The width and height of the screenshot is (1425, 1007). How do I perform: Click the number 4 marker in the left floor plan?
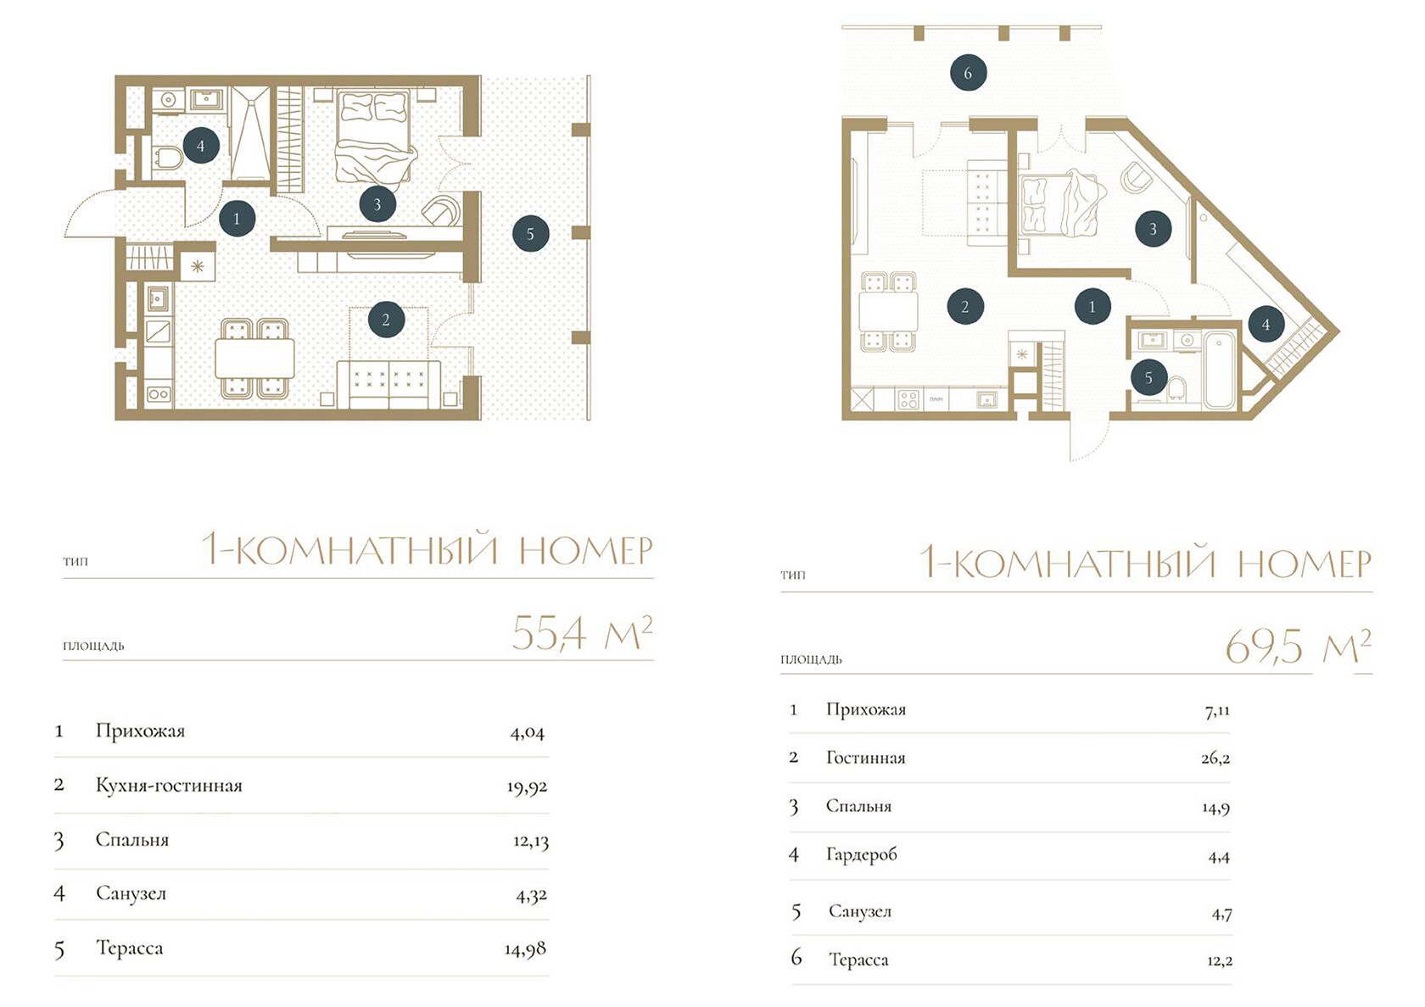pyautogui.click(x=201, y=145)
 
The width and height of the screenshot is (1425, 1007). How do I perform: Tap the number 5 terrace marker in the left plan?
pyautogui.click(x=531, y=233)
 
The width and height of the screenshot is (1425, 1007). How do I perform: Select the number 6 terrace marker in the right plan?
pyautogui.click(x=969, y=73)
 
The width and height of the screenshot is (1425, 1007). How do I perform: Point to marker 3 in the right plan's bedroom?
pyautogui.click(x=1153, y=229)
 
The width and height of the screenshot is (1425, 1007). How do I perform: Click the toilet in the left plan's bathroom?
pyautogui.click(x=167, y=157)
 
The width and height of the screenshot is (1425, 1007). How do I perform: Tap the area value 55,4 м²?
pyautogui.click(x=582, y=633)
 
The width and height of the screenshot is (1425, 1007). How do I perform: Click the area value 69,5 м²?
pyautogui.click(x=1298, y=647)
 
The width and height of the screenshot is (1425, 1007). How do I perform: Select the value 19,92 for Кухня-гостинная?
pyautogui.click(x=527, y=787)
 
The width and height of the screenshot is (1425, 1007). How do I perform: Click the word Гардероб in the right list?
pyautogui.click(x=862, y=854)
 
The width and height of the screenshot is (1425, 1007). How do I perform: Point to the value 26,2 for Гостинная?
pyautogui.click(x=1215, y=759)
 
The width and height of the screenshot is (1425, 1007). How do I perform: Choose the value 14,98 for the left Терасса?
pyautogui.click(x=526, y=949)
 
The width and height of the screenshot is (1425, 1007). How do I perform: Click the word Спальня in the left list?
pyautogui.click(x=132, y=841)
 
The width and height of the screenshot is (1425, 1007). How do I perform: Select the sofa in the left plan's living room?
pyautogui.click(x=388, y=384)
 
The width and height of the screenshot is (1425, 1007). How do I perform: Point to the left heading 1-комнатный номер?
pyautogui.click(x=427, y=549)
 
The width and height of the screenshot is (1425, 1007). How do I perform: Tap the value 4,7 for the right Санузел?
pyautogui.click(x=1222, y=915)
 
